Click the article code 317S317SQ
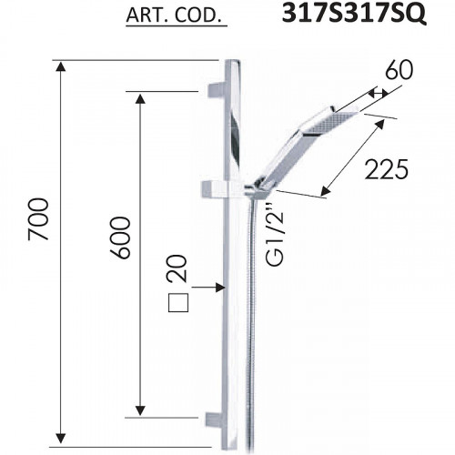(354, 14)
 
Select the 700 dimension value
(38, 219)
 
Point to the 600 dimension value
(120, 238)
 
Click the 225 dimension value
(387, 169)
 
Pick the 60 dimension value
(399, 70)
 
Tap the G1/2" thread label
(275, 235)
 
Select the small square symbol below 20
(178, 303)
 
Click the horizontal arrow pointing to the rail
(207, 287)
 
